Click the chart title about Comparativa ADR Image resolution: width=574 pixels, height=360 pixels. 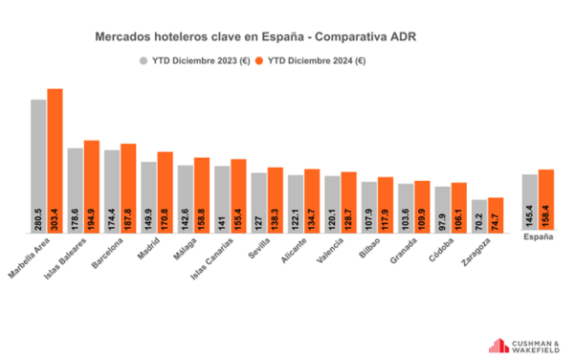(255, 37)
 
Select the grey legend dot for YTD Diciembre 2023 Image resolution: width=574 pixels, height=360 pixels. (143, 60)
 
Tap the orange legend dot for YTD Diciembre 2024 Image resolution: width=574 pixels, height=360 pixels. (259, 60)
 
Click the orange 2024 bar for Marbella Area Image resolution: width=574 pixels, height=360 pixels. (55, 161)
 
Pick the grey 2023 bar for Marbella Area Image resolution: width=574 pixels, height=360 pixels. (38, 167)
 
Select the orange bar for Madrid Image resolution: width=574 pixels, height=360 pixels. (166, 192)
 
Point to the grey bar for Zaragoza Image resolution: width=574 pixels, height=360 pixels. (479, 216)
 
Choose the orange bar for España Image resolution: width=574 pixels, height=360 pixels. (546, 200)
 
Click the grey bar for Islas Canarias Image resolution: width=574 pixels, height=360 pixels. (222, 199)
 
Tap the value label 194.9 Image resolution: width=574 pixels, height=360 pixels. (91, 219)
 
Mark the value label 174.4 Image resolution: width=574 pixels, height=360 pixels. (112, 219)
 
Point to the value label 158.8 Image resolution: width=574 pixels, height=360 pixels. (201, 219)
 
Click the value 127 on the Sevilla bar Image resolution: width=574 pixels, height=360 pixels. (259, 223)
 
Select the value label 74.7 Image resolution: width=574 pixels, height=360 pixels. (496, 222)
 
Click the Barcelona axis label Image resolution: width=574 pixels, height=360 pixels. (107, 253)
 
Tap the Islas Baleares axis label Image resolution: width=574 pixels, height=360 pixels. (65, 259)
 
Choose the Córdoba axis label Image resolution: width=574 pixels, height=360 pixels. (441, 250)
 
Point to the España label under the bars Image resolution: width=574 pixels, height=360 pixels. (538, 236)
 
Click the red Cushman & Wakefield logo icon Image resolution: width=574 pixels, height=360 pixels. (498, 346)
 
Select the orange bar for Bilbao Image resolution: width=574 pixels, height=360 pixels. (386, 205)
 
